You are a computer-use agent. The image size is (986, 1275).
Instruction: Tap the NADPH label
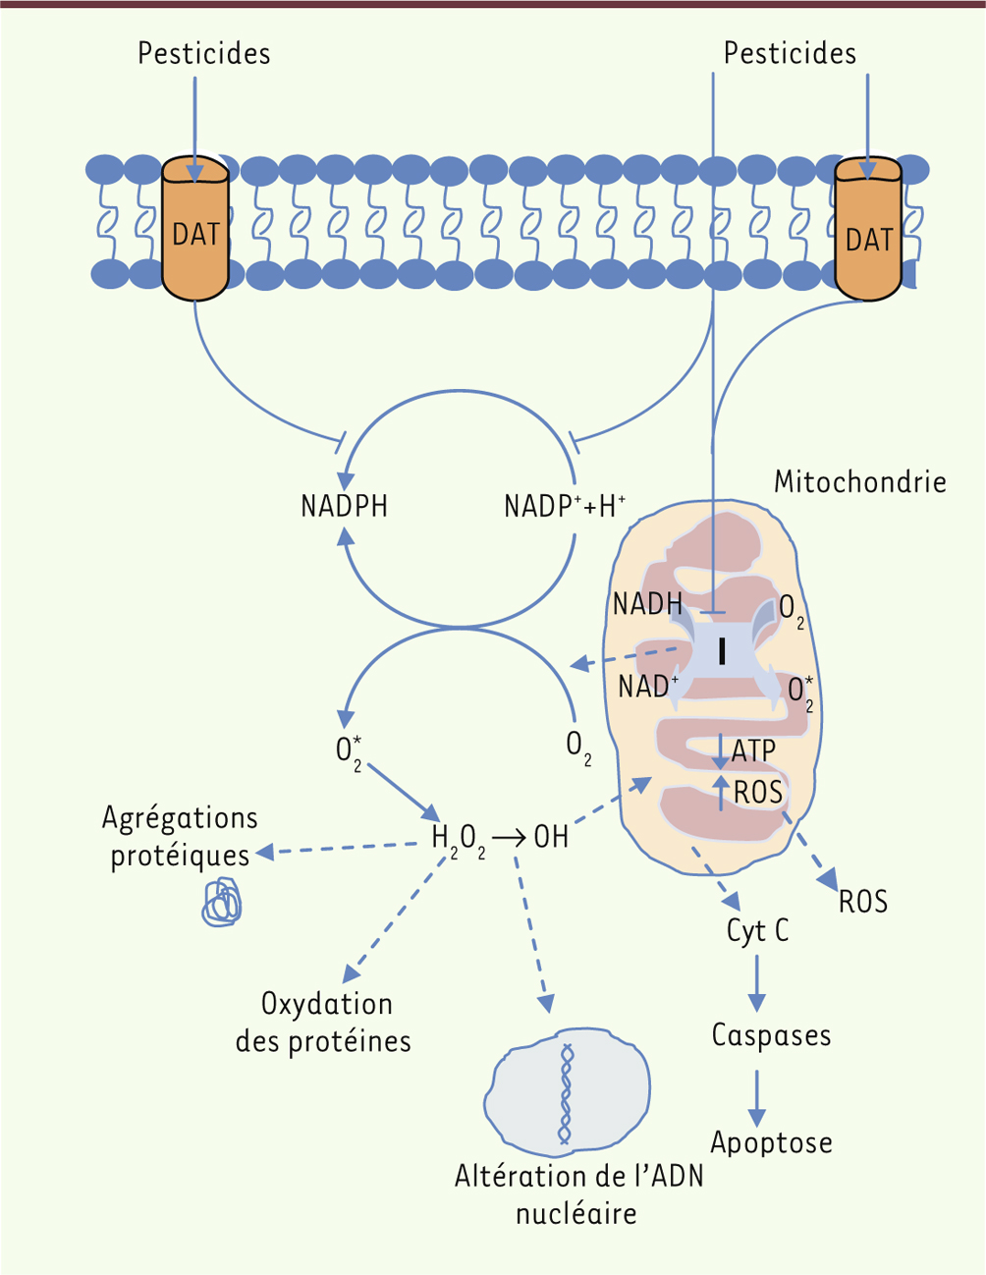pyautogui.click(x=344, y=507)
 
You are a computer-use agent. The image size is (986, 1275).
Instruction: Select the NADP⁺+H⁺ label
pyautogui.click(x=565, y=507)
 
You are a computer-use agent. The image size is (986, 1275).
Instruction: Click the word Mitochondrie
pyautogui.click(x=860, y=482)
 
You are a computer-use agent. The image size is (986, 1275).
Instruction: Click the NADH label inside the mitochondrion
pyautogui.click(x=647, y=604)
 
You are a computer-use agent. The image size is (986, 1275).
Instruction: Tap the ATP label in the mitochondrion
pyautogui.click(x=753, y=751)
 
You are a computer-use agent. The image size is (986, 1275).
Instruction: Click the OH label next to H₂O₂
pyautogui.click(x=551, y=838)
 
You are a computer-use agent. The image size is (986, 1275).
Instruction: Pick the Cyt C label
pyautogui.click(x=757, y=930)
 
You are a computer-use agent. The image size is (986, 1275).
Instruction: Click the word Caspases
pyautogui.click(x=771, y=1035)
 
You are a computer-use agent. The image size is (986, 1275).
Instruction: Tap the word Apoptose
pyautogui.click(x=771, y=1142)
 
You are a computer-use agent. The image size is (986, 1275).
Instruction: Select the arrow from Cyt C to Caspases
pyautogui.click(x=756, y=982)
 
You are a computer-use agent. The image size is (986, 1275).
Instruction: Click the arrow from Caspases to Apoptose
pyautogui.click(x=756, y=1097)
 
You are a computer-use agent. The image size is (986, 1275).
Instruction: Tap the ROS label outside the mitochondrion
pyautogui.click(x=863, y=902)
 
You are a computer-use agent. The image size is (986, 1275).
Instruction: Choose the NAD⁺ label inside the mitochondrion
pyautogui.click(x=648, y=686)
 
